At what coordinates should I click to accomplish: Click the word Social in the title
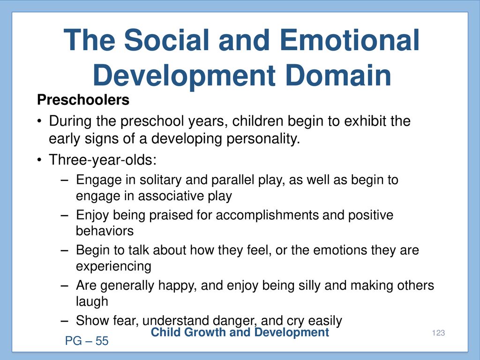pyautogui.click(x=167, y=40)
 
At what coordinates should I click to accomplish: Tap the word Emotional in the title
pyautogui.click(x=349, y=40)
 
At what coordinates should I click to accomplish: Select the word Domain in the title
pyautogui.click(x=338, y=75)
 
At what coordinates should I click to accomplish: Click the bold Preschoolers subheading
pyautogui.click(x=83, y=100)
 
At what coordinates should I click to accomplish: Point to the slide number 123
pyautogui.click(x=438, y=333)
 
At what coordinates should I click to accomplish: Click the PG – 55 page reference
pyautogui.click(x=87, y=341)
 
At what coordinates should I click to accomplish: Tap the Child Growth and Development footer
pyautogui.click(x=240, y=332)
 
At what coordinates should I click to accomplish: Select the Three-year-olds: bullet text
pyautogui.click(x=103, y=159)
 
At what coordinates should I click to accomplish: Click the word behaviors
pyautogui.click(x=105, y=231)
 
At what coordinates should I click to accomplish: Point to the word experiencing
pyautogui.click(x=113, y=266)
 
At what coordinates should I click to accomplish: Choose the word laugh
pyautogui.click(x=92, y=301)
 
